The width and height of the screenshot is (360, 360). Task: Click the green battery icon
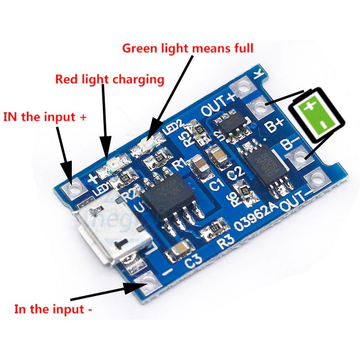(x=313, y=114)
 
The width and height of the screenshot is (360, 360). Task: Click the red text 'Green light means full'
(x=187, y=48)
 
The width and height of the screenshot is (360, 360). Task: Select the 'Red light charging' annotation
(x=109, y=79)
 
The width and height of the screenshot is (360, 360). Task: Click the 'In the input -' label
(x=53, y=309)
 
